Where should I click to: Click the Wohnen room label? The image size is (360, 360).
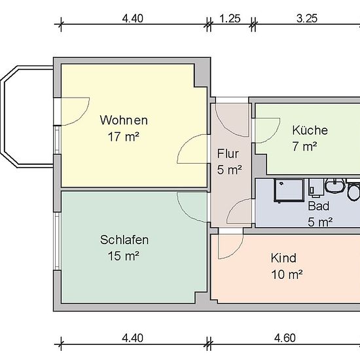click(x=124, y=120)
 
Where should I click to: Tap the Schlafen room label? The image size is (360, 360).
click(x=124, y=240)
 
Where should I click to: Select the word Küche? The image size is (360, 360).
click(x=310, y=130)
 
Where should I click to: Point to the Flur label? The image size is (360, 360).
click(x=228, y=154)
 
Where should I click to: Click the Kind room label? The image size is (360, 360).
click(x=283, y=258)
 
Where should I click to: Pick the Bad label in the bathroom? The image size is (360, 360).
click(x=319, y=206)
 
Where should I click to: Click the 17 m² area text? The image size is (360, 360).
click(x=124, y=137)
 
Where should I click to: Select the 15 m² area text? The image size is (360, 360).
click(x=124, y=256)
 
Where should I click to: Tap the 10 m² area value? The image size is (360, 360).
click(x=287, y=274)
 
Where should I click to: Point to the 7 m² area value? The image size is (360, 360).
click(x=304, y=146)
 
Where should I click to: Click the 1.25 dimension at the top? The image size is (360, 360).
click(x=230, y=18)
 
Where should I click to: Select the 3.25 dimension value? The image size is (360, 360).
click(x=307, y=18)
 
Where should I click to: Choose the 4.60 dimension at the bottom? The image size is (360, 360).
click(x=285, y=338)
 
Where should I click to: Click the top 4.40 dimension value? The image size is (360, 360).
click(x=133, y=18)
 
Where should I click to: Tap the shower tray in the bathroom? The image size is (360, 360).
click(x=289, y=190)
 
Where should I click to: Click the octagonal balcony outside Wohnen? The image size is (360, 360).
click(x=9, y=117)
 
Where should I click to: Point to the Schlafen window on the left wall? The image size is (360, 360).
click(x=57, y=241)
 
